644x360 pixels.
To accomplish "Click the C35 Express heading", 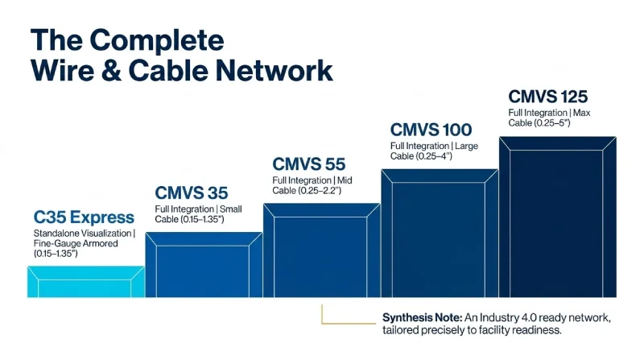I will click(x=84, y=217).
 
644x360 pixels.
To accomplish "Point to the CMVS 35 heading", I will click(x=192, y=193).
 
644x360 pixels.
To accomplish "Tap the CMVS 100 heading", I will click(x=431, y=130).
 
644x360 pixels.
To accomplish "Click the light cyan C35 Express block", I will click(x=85, y=282).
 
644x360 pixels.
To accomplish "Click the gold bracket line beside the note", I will click(x=324, y=317).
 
